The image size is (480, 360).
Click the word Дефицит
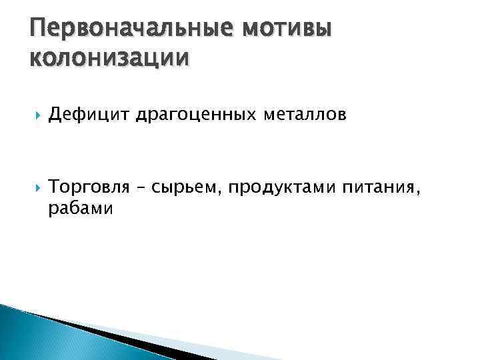tap(90, 116)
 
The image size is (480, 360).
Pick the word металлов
tap(303, 116)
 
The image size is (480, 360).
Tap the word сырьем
tap(186, 189)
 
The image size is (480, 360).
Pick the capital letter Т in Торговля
tap(55, 189)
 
